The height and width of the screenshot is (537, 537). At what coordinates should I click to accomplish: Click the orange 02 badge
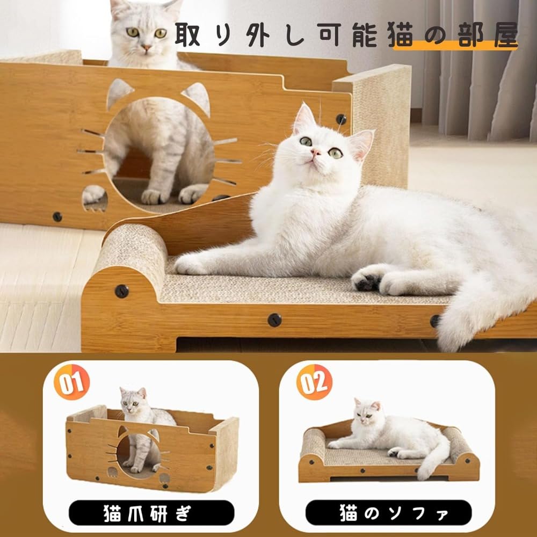tap(315, 383)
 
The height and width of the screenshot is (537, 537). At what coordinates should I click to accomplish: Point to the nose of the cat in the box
tap(146, 48)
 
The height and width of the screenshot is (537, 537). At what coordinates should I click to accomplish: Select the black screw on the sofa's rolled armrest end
tap(122, 291)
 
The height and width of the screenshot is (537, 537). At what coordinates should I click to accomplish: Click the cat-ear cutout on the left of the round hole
tap(119, 92)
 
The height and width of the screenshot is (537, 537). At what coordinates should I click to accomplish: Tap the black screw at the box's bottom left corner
tap(57, 217)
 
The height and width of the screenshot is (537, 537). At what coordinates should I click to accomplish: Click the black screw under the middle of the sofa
tap(275, 320)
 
